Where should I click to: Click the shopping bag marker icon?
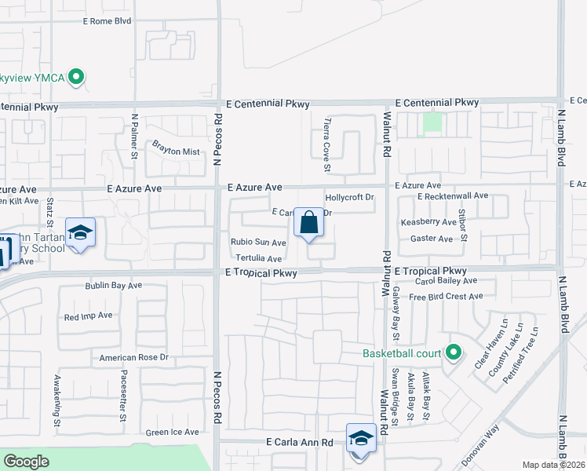point(309,222)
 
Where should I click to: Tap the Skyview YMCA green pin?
point(76,77)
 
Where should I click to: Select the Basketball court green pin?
point(453,352)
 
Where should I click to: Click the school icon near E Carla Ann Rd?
point(361,438)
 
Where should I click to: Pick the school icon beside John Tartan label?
point(79,233)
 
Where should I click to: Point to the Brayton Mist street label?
point(176,152)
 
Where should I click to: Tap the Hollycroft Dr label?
point(349,198)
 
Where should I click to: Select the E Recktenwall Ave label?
point(453,195)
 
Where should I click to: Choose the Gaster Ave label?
point(432,239)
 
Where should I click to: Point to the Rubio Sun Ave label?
point(257,243)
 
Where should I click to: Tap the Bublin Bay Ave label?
point(114,286)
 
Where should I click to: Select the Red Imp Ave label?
point(89,316)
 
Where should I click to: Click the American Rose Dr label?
point(134,357)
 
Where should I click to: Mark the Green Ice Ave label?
point(173,432)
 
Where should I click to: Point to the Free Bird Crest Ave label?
point(446,297)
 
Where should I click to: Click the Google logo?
point(27,462)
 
